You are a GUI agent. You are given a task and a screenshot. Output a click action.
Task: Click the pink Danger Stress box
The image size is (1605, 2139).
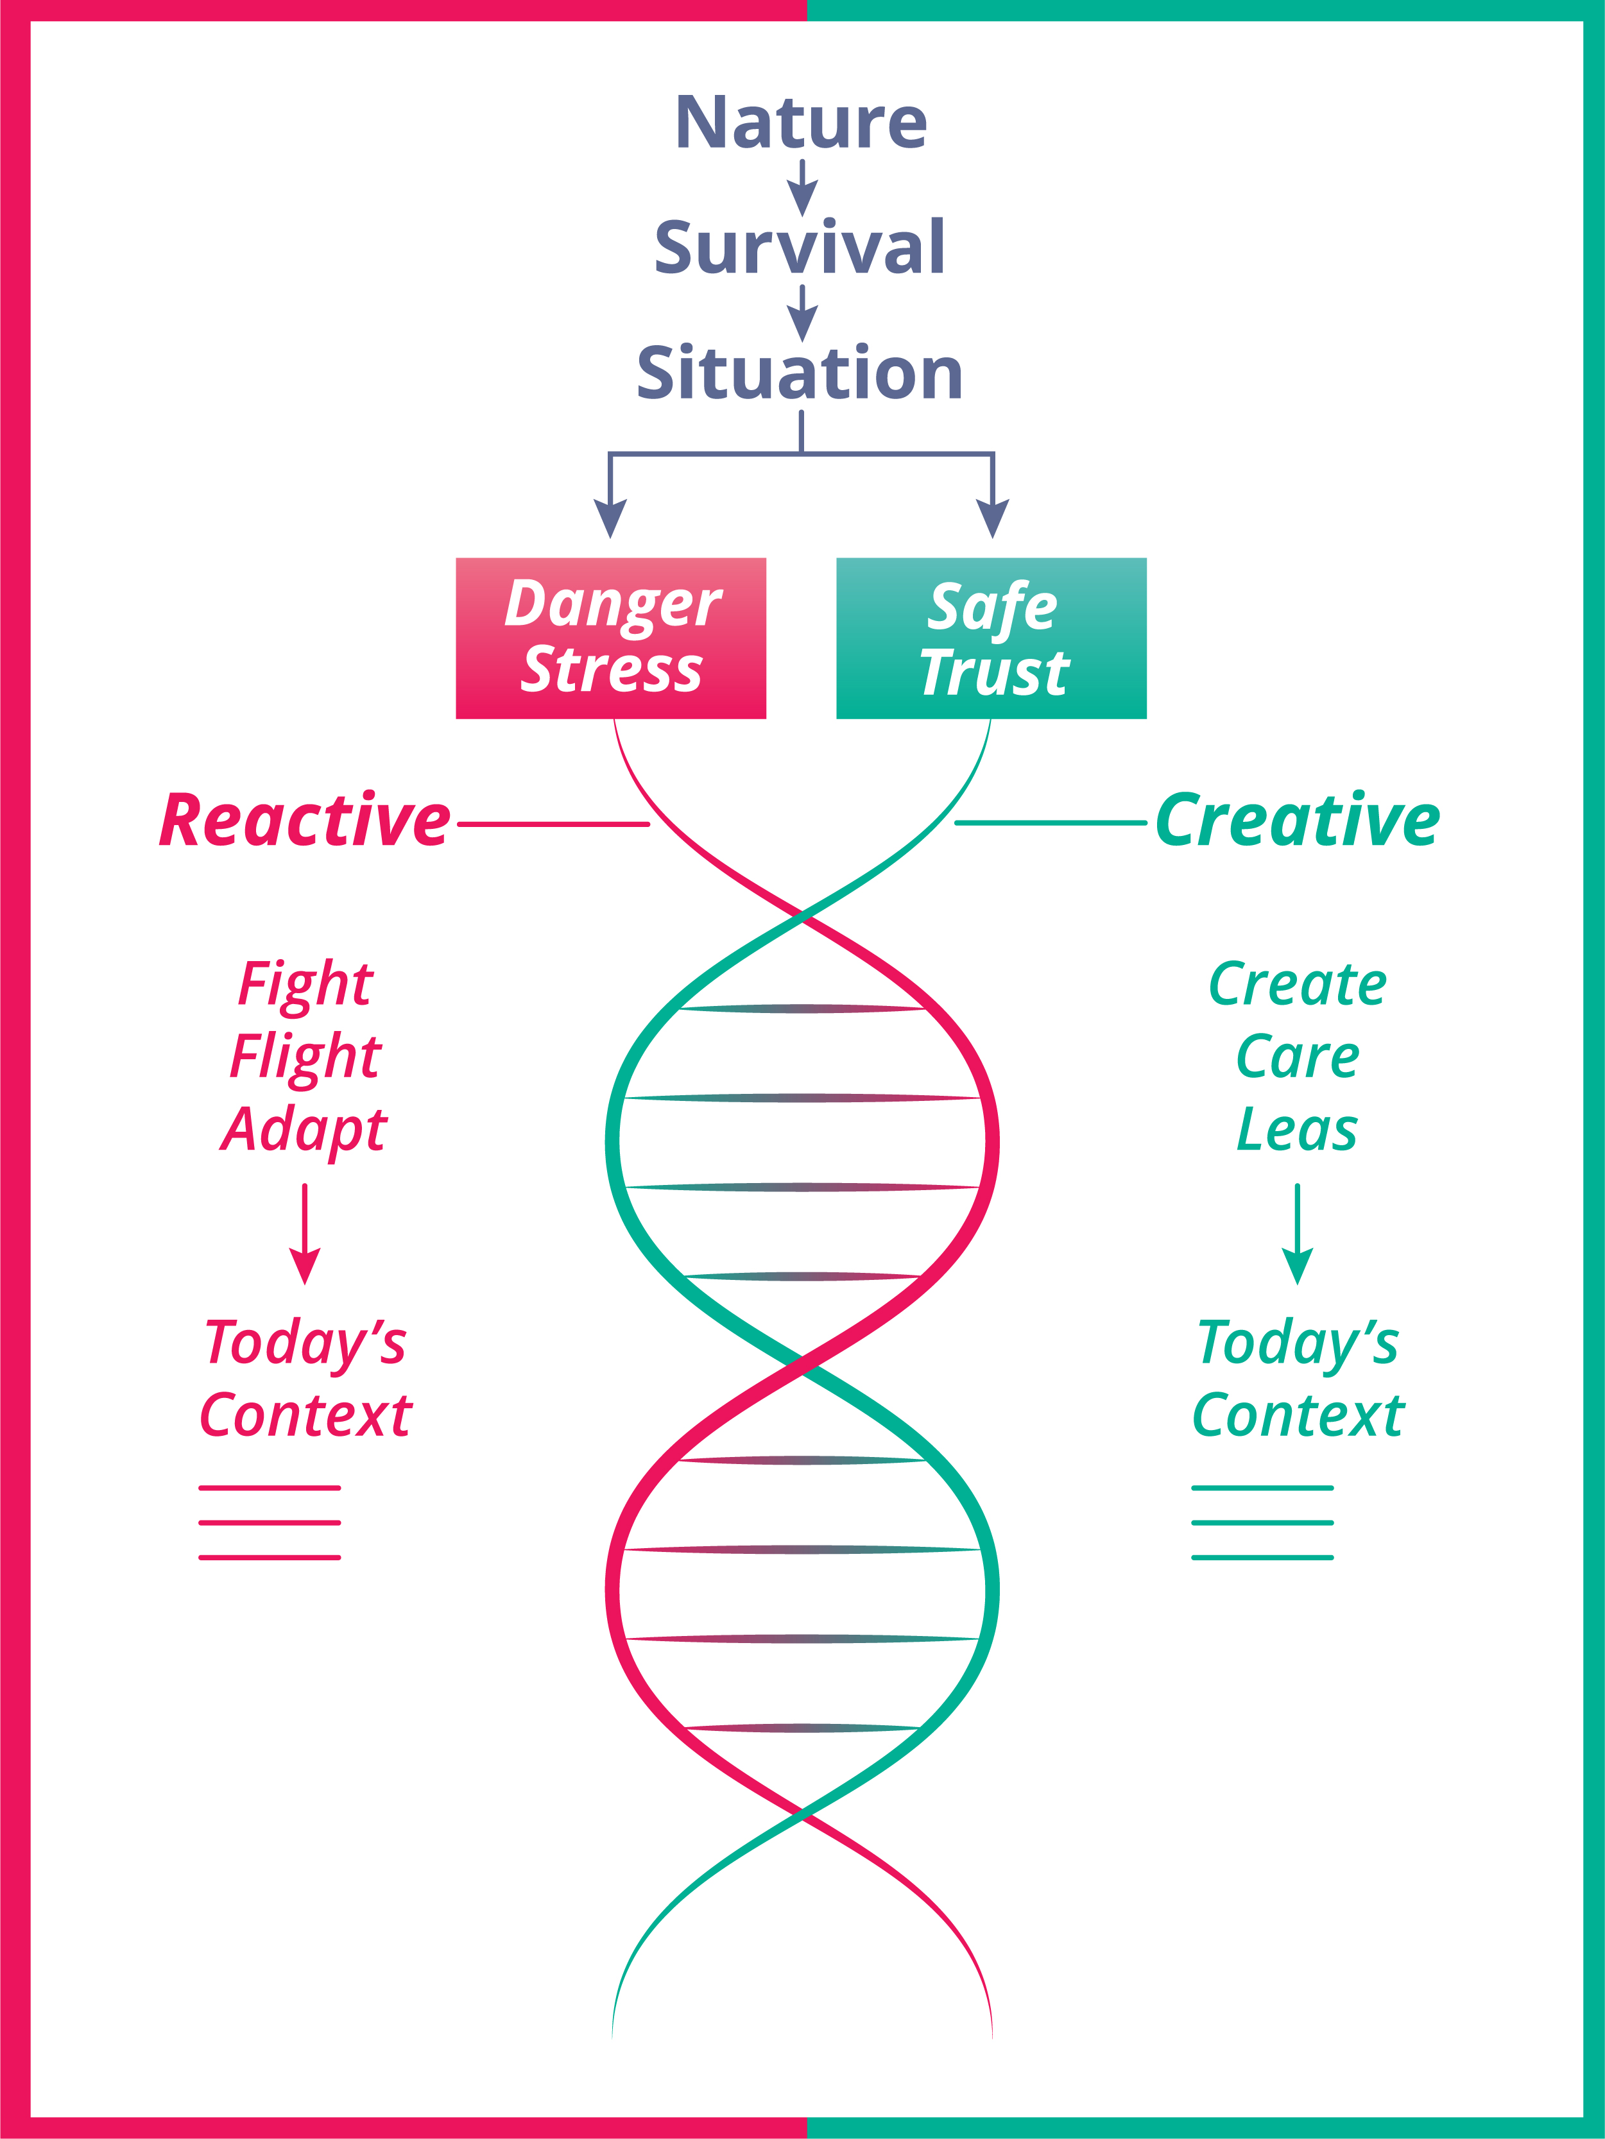[x=610, y=638]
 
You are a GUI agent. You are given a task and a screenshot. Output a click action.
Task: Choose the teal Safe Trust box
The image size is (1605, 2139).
[x=991, y=638]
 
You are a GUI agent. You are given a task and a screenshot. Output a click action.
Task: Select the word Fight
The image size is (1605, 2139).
[x=305, y=984]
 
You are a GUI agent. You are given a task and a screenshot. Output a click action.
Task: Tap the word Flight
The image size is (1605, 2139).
[x=305, y=1056]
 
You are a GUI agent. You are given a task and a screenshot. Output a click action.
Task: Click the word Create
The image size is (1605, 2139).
[x=1298, y=984]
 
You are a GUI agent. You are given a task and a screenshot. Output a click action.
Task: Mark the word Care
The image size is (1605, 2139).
[x=1298, y=1056]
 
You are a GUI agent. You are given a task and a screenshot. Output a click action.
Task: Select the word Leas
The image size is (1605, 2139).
[x=1298, y=1129]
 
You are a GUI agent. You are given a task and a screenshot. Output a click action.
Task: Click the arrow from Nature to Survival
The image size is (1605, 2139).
[x=802, y=187]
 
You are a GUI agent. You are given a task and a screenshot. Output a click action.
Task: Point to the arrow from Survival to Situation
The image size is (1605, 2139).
[x=802, y=312]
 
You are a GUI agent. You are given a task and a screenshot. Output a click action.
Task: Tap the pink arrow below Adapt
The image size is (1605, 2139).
[x=305, y=1234]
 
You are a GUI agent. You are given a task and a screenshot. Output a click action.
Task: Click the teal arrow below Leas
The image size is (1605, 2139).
[x=1298, y=1234]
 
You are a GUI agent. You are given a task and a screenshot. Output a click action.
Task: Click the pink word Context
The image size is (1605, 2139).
[x=305, y=1416]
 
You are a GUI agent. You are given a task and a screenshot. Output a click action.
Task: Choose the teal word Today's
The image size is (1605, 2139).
[x=1298, y=1344]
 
